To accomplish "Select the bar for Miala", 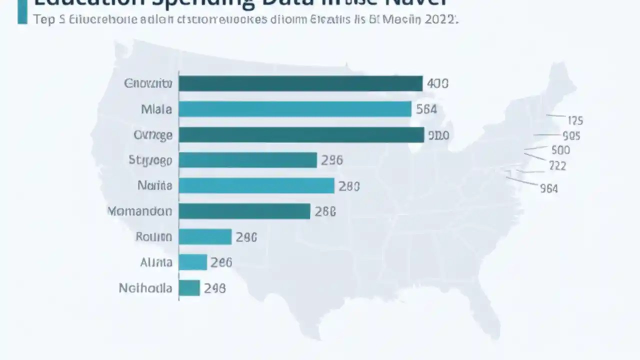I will [294, 109].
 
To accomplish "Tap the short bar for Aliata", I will [192, 262].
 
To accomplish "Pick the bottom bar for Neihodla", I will [189, 288].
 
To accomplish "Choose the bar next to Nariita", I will [256, 185].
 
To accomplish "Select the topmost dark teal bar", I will [300, 83].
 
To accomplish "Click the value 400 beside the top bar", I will [438, 83].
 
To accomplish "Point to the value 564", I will [426, 109].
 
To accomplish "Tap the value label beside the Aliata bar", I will [221, 262].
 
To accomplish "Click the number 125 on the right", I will [575, 120].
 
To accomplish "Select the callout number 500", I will [560, 150].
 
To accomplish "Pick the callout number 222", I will [557, 165].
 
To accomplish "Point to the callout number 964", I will [549, 188].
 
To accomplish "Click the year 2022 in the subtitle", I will [440, 19].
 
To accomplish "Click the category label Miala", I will [156, 109].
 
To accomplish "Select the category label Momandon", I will [139, 211].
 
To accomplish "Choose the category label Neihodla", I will [145, 288].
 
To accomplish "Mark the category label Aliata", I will [156, 262].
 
